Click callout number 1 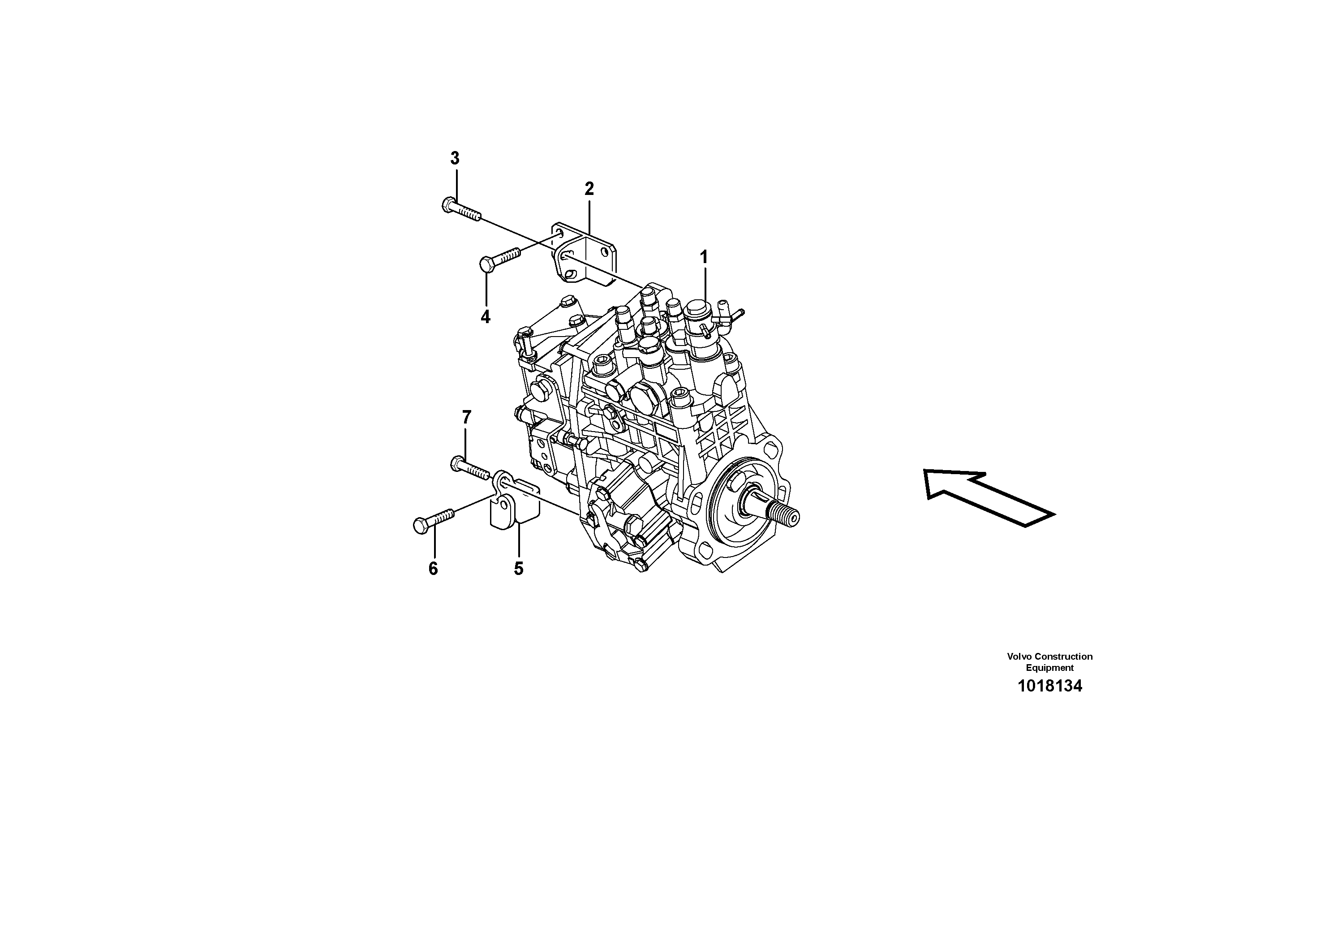(704, 257)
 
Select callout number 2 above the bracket (589, 189)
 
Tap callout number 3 (455, 158)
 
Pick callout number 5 (518, 569)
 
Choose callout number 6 (433, 569)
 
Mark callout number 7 (466, 417)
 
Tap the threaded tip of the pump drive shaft (790, 516)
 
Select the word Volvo (1019, 656)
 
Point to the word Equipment (1049, 668)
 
